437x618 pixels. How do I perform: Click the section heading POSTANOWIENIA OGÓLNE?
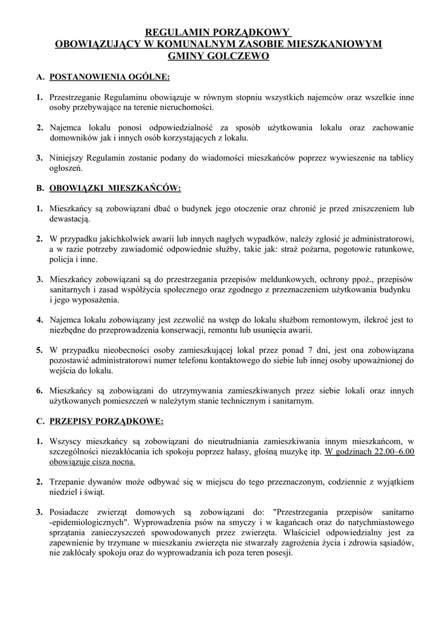[109, 77]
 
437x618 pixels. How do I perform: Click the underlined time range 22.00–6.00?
[392, 451]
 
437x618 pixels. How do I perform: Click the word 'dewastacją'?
[69, 219]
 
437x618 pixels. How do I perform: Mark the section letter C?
[40, 420]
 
